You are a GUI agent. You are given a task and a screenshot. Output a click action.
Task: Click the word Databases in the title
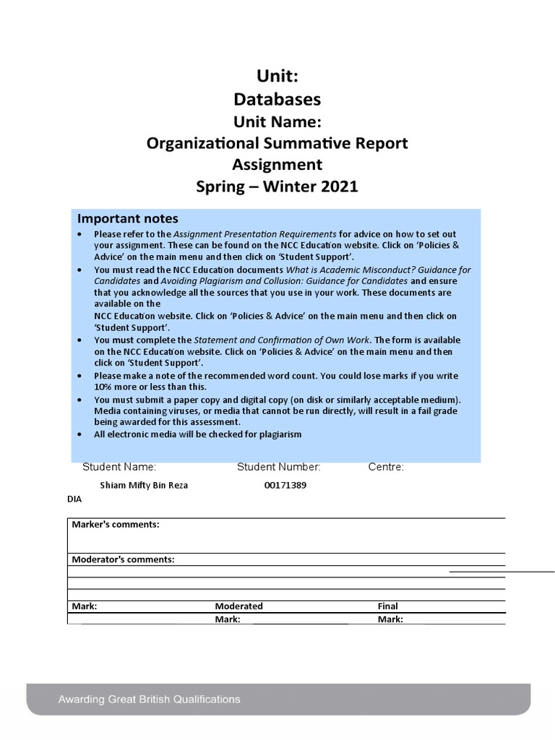pyautogui.click(x=277, y=99)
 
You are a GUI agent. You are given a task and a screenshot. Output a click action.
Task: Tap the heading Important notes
pyautogui.click(x=128, y=219)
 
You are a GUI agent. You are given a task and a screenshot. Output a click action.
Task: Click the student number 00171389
pyautogui.click(x=285, y=486)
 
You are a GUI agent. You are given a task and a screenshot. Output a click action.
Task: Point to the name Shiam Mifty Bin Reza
pyautogui.click(x=144, y=486)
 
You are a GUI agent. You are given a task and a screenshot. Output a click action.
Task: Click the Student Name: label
pyautogui.click(x=119, y=467)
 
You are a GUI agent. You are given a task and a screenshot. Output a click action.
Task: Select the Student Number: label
pyautogui.click(x=279, y=467)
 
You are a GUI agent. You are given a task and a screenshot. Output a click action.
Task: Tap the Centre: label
pyautogui.click(x=386, y=467)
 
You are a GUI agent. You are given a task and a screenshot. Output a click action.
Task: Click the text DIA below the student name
pyautogui.click(x=74, y=499)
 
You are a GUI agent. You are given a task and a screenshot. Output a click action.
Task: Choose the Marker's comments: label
pyautogui.click(x=116, y=525)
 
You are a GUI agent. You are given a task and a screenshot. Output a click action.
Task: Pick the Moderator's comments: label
pyautogui.click(x=123, y=559)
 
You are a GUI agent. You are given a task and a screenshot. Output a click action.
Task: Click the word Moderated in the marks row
pyautogui.click(x=238, y=606)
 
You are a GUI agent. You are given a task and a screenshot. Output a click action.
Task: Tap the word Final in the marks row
pyautogui.click(x=387, y=606)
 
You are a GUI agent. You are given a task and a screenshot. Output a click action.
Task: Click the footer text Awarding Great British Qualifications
pyautogui.click(x=150, y=700)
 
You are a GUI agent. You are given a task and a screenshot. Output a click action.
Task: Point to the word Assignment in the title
pyautogui.click(x=277, y=165)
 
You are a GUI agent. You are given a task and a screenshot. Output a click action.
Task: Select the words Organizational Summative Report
pyautogui.click(x=277, y=143)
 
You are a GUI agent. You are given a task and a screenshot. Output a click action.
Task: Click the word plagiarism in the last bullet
pyautogui.click(x=278, y=434)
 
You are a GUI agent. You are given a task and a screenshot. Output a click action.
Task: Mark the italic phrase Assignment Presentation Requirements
pyautogui.click(x=255, y=234)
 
